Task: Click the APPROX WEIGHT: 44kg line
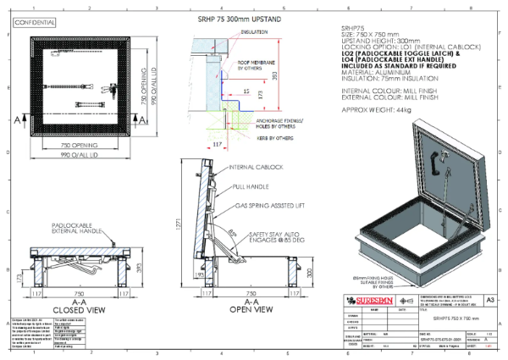[372, 111]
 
